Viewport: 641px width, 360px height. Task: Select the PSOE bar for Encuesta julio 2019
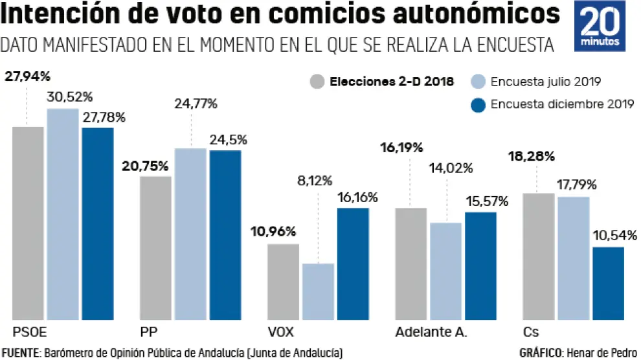pos(63,214)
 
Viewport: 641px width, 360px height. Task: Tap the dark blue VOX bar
pos(353,264)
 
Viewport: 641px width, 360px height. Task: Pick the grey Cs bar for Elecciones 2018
pos(539,256)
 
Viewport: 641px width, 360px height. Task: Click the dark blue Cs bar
pos(608,283)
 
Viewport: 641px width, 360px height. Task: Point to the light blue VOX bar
pos(318,291)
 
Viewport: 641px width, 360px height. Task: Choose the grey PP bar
pos(155,248)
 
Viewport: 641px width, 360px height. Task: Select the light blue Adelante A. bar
pos(445,271)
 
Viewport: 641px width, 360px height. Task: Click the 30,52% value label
pos(70,98)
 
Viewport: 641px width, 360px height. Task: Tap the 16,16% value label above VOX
pos(356,197)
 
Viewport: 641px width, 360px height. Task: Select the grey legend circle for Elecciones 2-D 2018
pos(317,82)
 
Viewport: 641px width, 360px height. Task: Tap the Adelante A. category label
pos(431,332)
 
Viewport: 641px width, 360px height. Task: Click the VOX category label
pos(281,332)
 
